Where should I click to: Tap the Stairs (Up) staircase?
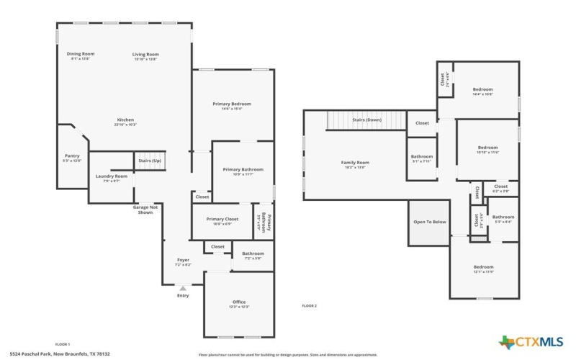click(x=150, y=161)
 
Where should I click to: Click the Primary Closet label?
click(x=222, y=220)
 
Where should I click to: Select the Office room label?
click(x=239, y=304)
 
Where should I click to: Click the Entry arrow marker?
click(x=183, y=289)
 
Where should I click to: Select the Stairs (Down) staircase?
click(x=366, y=120)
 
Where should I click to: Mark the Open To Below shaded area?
click(x=429, y=222)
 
